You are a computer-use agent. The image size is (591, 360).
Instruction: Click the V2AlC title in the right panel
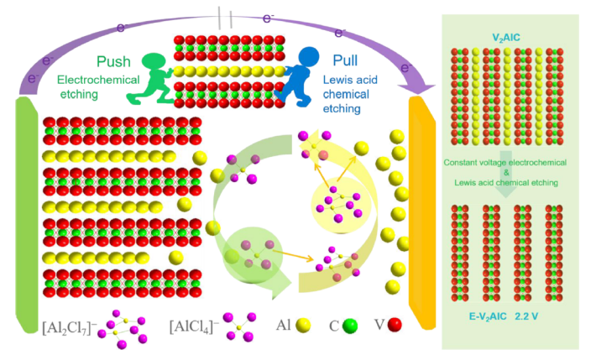pyautogui.click(x=512, y=38)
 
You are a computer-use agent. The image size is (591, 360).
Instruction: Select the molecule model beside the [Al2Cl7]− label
pyautogui.click(x=122, y=326)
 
